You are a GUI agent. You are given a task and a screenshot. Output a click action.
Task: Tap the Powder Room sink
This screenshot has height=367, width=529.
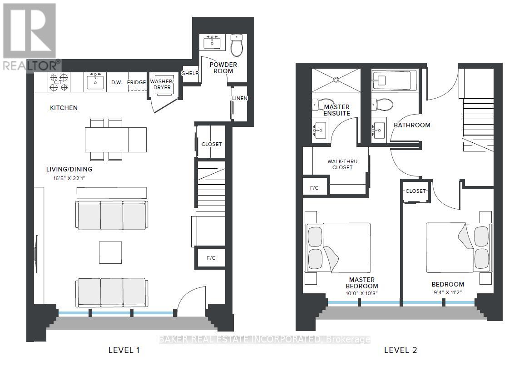[212, 42]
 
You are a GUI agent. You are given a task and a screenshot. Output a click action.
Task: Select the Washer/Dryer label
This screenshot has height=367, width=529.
[163, 85]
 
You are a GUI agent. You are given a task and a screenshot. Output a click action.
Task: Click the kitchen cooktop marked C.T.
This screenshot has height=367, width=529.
[59, 82]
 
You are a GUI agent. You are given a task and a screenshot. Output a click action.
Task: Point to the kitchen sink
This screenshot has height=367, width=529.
[95, 82]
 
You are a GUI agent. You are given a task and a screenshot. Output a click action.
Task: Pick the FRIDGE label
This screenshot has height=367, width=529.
[136, 83]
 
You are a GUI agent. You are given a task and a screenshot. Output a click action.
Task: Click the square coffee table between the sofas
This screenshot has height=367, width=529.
[110, 252]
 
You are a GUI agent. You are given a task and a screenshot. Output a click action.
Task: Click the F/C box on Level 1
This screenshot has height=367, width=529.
[211, 258]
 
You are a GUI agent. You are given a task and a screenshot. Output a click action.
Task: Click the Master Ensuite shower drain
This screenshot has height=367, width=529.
[336, 80]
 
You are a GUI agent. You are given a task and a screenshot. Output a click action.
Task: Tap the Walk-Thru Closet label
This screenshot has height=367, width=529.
[342, 164]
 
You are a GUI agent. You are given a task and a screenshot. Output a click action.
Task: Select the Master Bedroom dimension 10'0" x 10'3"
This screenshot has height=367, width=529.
[361, 293]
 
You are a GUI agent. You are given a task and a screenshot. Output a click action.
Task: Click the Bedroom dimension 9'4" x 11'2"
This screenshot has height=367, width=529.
[448, 292]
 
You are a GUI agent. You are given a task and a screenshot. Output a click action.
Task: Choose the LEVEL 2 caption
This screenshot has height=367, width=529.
[400, 350]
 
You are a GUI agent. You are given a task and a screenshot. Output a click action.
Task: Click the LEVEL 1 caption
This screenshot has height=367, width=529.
[124, 350]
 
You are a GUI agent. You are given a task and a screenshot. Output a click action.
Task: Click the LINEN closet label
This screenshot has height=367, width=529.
[239, 99]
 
